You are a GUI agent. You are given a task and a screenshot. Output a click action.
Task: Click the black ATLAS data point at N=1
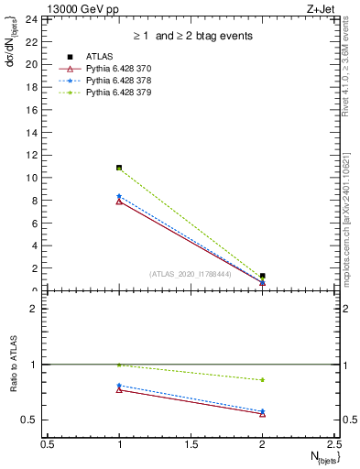click(119, 168)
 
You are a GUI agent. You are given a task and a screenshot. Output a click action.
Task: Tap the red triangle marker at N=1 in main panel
click(119, 202)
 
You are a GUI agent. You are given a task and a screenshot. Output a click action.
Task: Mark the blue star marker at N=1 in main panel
click(119, 196)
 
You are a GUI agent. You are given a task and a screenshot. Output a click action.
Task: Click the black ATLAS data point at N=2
click(263, 276)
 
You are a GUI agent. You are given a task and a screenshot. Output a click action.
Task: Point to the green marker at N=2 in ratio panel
click(263, 379)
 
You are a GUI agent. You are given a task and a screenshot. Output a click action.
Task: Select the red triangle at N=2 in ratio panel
click(263, 414)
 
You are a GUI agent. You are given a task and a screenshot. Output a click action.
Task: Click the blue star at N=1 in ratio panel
click(119, 386)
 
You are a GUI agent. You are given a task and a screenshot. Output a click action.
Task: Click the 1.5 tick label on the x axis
click(191, 443)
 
